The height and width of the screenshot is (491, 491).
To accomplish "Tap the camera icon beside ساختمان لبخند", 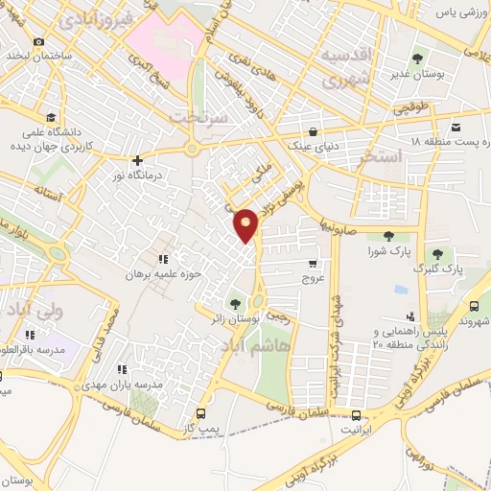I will [x=38, y=41].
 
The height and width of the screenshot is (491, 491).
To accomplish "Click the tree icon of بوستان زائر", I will [x=236, y=305].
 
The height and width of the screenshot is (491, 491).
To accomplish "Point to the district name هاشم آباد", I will [x=252, y=344].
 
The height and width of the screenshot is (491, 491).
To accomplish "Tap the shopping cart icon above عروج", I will [x=313, y=263].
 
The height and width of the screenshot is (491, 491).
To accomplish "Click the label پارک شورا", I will [x=388, y=251].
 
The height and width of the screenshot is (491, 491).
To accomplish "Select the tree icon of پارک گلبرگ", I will [x=437, y=254].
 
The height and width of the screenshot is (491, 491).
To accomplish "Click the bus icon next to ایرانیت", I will [x=357, y=415].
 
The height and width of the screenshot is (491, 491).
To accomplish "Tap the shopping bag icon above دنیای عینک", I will [x=313, y=131].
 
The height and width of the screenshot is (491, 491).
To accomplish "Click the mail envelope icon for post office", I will [x=456, y=126].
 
